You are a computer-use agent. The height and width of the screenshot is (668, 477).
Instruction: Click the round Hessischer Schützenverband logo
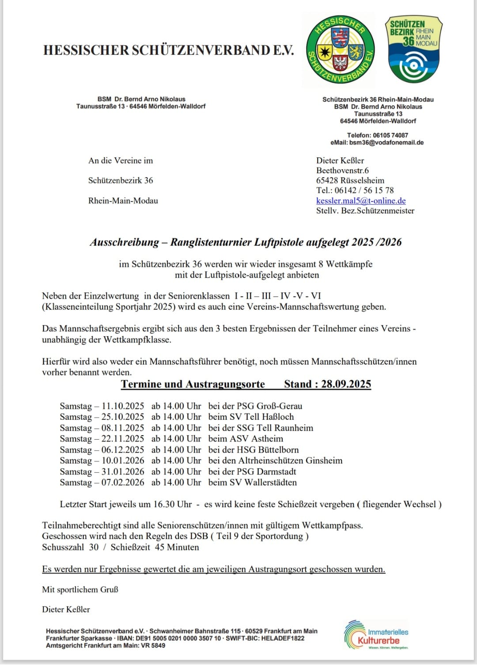pyautogui.click(x=340, y=49)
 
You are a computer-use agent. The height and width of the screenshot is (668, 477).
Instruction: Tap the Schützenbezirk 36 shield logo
pyautogui.click(x=413, y=49)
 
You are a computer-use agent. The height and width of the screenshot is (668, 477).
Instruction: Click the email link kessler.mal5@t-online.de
pyautogui.click(x=361, y=201)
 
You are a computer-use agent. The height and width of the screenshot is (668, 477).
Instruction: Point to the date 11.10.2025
pyautogui.click(x=123, y=406)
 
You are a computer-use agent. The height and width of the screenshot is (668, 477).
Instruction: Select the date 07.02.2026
pyautogui.click(x=123, y=482)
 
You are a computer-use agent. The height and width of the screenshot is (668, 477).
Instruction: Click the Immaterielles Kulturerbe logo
pyautogui.click(x=377, y=635)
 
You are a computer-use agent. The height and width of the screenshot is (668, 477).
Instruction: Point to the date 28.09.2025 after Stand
pyautogui.click(x=346, y=384)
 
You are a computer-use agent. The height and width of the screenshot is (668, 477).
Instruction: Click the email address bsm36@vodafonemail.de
pyautogui.click(x=386, y=143)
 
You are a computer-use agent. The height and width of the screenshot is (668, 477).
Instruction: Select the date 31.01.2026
pyautogui.click(x=123, y=471)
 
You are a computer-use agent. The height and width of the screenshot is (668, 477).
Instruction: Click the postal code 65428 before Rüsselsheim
pyautogui.click(x=327, y=180)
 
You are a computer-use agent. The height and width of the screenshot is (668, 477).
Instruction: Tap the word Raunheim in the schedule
pyautogui.click(x=293, y=428)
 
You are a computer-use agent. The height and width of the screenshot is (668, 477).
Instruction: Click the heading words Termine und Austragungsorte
pyautogui.click(x=193, y=384)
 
